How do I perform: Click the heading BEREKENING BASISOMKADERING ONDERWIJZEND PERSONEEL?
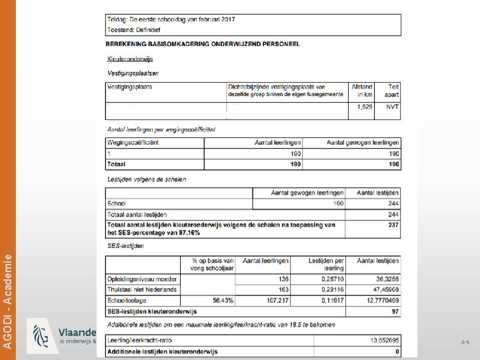pyautogui.click(x=203, y=44)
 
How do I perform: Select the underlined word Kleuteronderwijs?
pyautogui.click(x=130, y=59)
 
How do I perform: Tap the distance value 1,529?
pyautogui.click(x=365, y=107)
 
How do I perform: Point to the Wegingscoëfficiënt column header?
pyautogui.click(x=133, y=142)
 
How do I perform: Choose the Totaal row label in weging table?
pyautogui.click(x=117, y=163)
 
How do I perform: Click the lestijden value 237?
pyautogui.click(x=393, y=225)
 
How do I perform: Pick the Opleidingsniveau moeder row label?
pyautogui.click(x=142, y=278)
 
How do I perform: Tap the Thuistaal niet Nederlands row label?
pyautogui.click(x=142, y=289)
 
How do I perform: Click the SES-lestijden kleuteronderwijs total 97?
pyautogui.click(x=395, y=311)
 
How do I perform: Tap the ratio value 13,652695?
pyautogui.click(x=384, y=340)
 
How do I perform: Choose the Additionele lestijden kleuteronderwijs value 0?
pyautogui.click(x=397, y=351)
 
